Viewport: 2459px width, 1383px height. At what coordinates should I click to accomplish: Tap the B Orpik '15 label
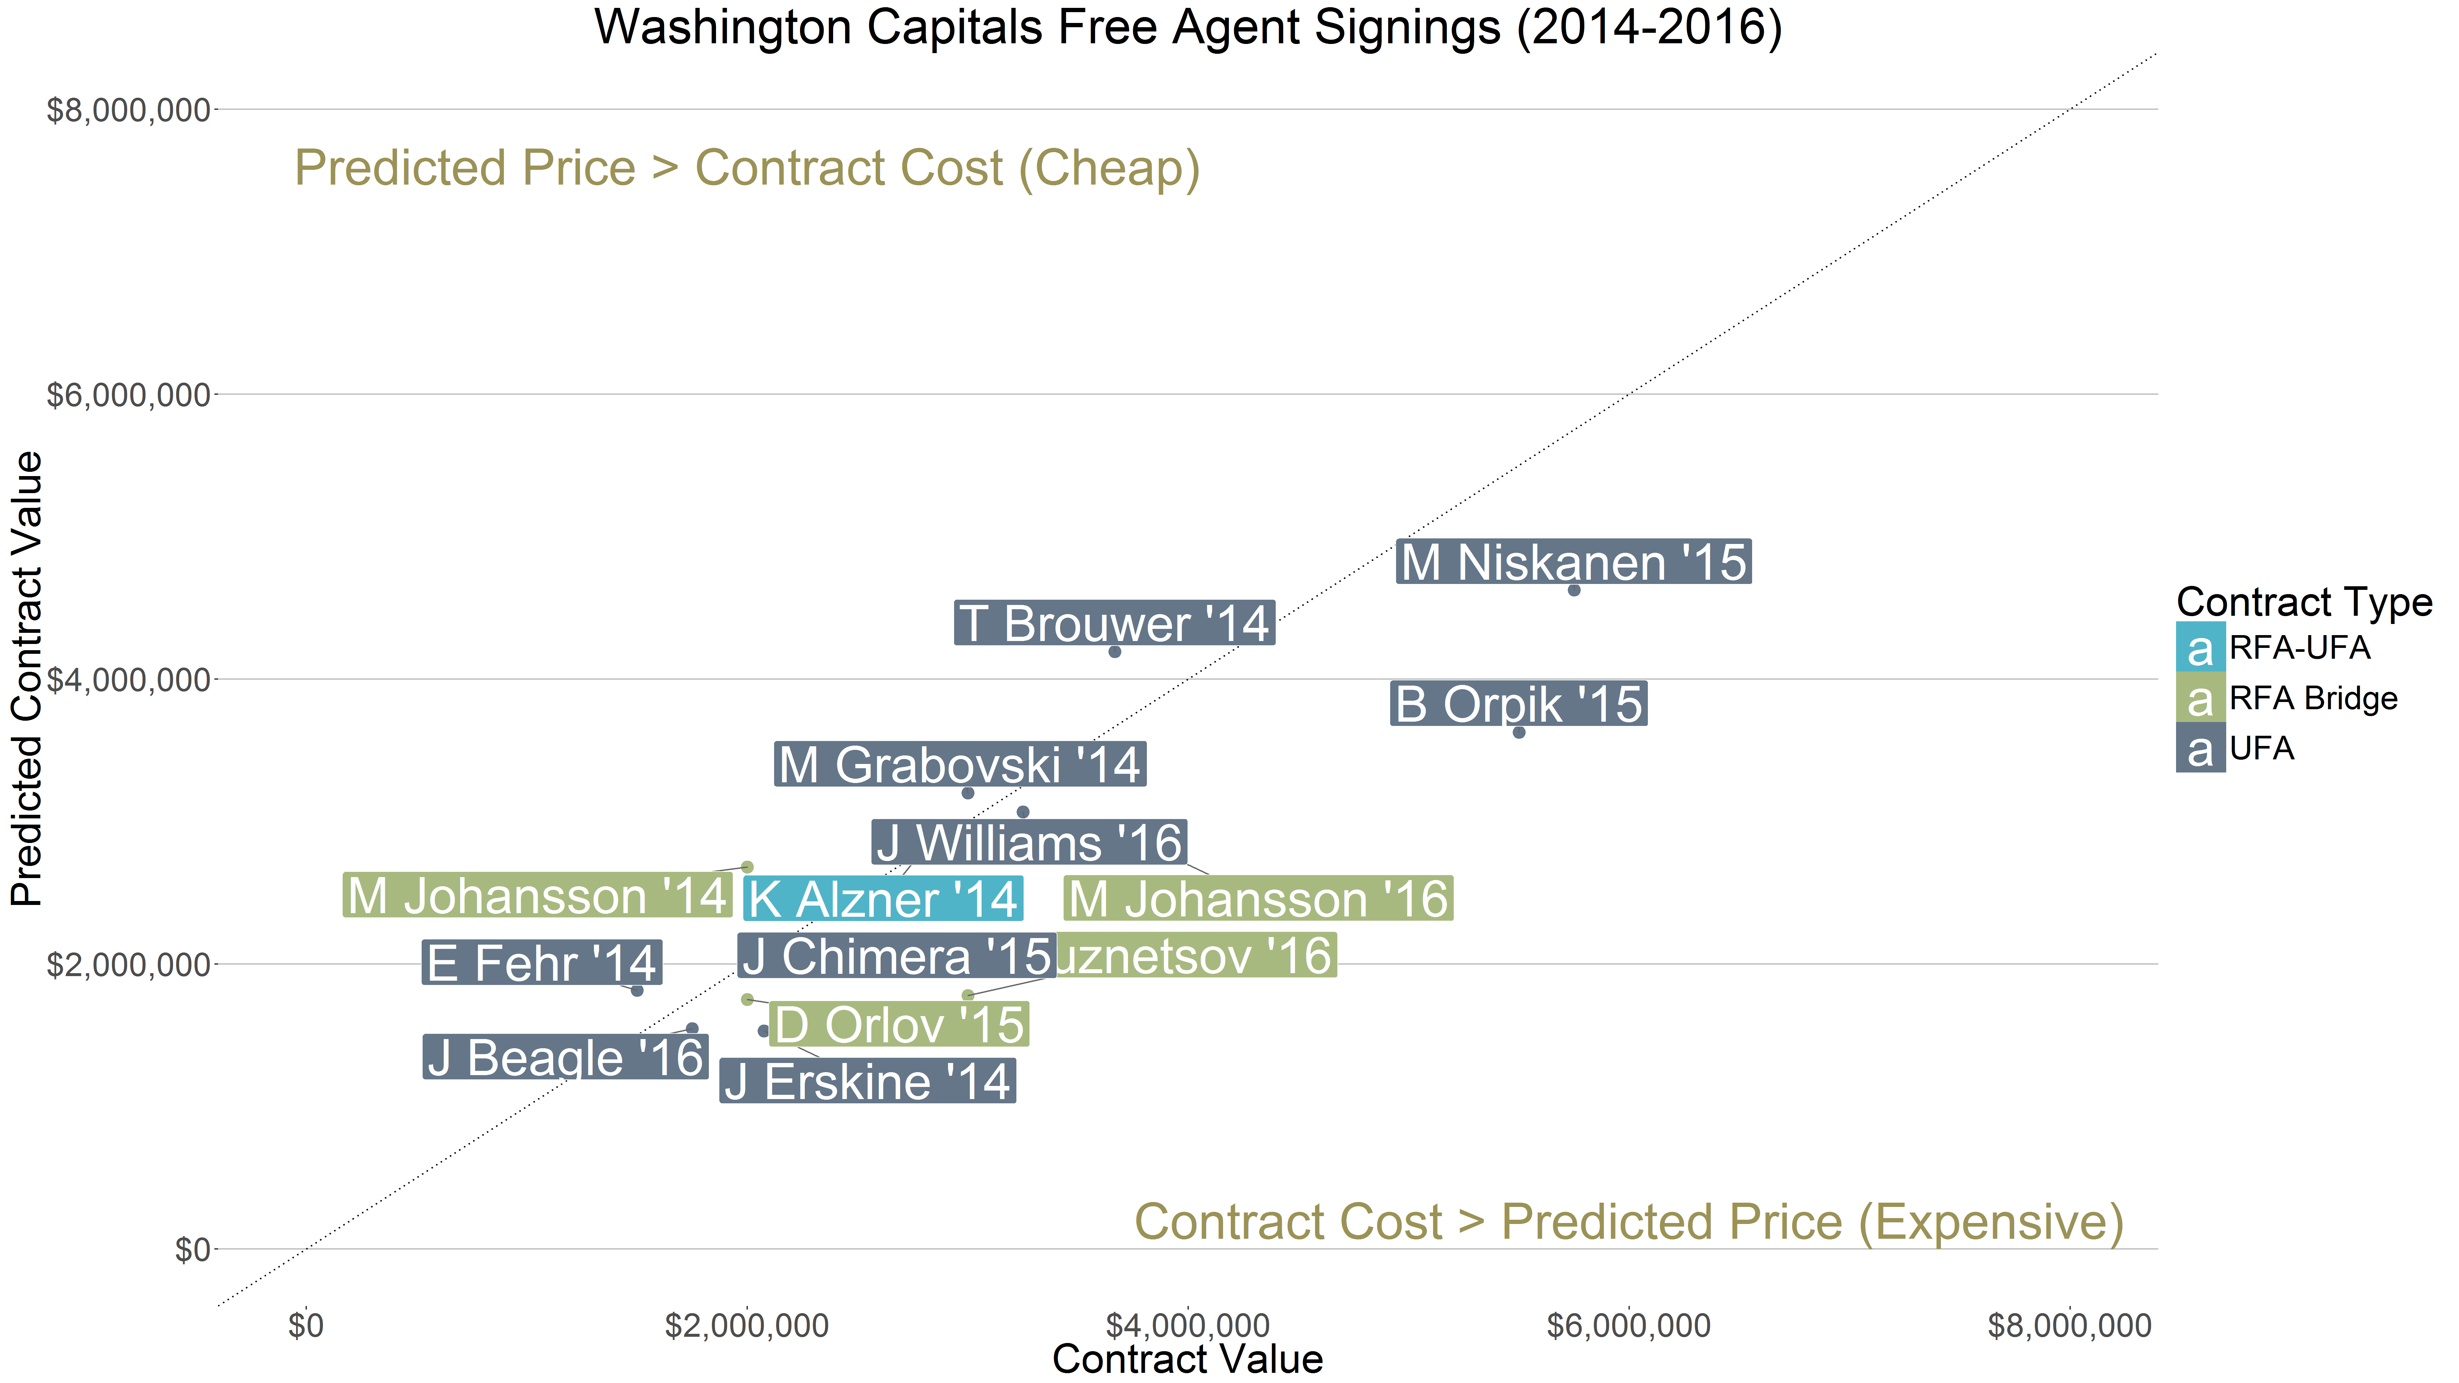point(1518,704)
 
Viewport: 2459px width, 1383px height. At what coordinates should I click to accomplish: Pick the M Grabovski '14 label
point(959,765)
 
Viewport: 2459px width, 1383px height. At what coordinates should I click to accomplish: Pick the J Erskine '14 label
point(867,1081)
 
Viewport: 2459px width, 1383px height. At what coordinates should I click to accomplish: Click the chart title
point(1188,27)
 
